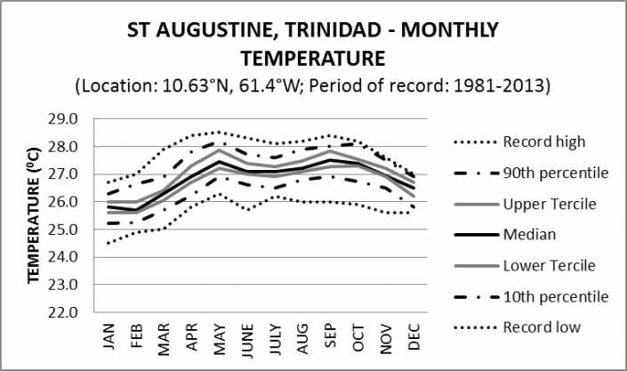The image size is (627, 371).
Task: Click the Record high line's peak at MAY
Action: point(219,132)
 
